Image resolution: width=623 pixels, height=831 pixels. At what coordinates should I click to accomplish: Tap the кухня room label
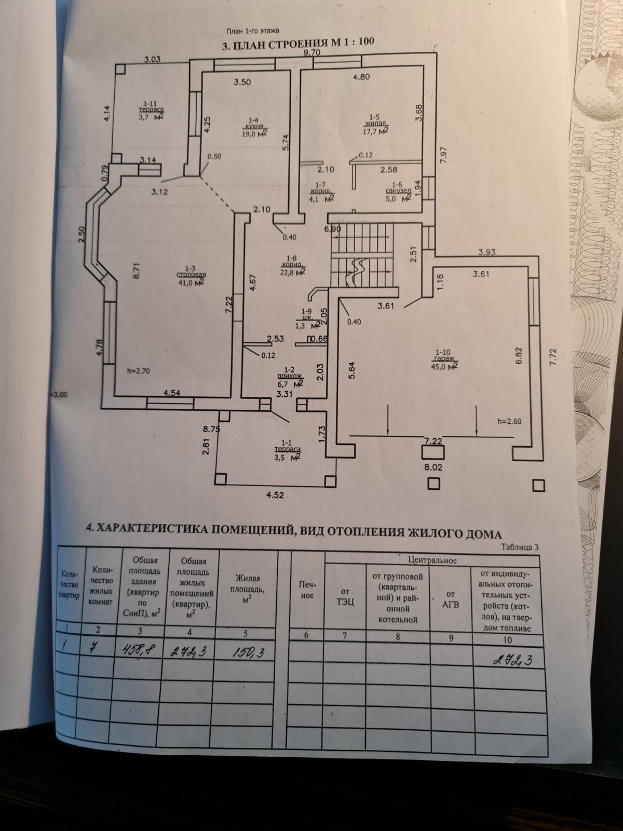254,126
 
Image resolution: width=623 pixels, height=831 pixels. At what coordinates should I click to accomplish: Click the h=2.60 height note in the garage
509,421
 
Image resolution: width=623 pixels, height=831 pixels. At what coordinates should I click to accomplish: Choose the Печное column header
307,590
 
